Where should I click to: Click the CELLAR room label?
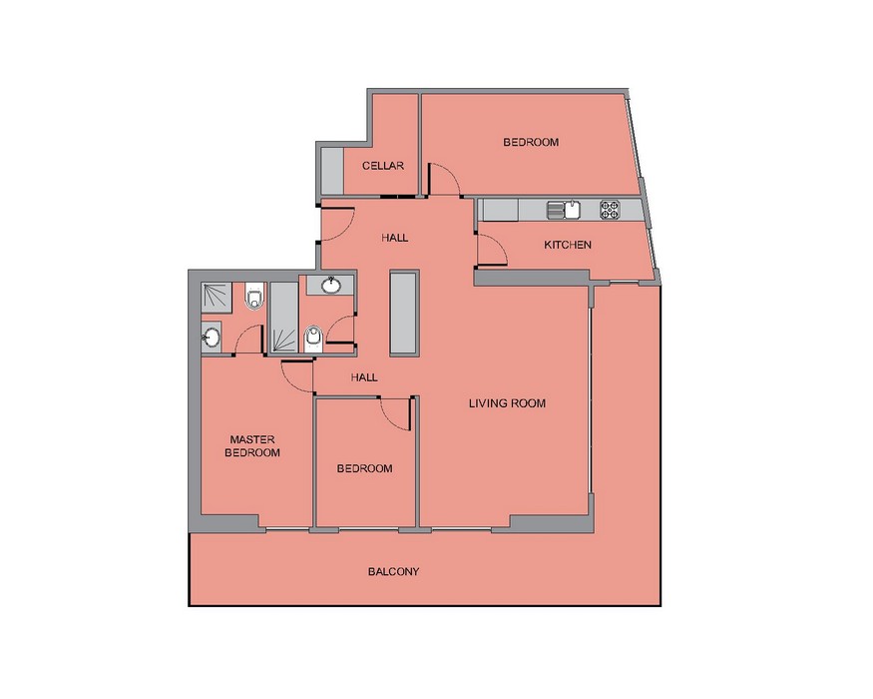click(x=383, y=166)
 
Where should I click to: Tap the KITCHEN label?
click(x=568, y=245)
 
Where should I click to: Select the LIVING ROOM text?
click(x=507, y=403)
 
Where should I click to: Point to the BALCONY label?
click(x=394, y=571)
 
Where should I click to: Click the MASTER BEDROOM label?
click(x=252, y=446)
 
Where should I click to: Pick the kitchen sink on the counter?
click(x=564, y=210)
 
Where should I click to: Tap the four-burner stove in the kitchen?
click(x=610, y=210)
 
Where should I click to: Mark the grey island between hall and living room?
click(x=404, y=313)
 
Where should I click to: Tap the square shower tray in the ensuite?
click(x=217, y=298)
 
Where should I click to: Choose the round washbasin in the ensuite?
click(x=212, y=337)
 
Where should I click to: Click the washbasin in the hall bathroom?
click(x=332, y=285)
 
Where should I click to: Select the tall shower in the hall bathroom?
click(x=284, y=318)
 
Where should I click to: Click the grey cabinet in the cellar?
click(x=332, y=170)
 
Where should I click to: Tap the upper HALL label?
click(x=395, y=238)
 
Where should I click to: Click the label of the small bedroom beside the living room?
click(x=365, y=468)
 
